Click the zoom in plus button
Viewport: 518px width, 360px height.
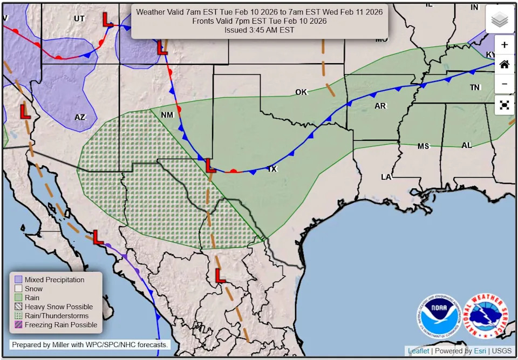point(504,45)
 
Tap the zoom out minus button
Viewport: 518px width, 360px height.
point(504,84)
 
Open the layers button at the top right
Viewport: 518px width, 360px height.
point(500,19)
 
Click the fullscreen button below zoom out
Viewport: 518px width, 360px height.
point(504,105)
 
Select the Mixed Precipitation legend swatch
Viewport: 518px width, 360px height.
point(18,280)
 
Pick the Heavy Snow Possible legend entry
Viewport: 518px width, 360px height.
point(58,307)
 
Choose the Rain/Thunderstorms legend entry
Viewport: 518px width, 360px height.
point(56,316)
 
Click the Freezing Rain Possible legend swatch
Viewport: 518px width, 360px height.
point(18,325)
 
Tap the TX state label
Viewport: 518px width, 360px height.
point(272,169)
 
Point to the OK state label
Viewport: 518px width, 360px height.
point(301,92)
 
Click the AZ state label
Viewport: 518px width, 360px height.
point(80,117)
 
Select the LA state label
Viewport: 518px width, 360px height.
point(386,177)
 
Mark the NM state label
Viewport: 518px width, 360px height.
point(167,115)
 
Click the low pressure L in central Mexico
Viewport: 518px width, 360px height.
point(220,276)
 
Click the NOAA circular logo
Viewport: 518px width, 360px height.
point(439,316)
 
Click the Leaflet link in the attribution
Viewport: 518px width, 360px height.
point(418,351)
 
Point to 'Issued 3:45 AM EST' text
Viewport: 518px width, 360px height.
point(259,30)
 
